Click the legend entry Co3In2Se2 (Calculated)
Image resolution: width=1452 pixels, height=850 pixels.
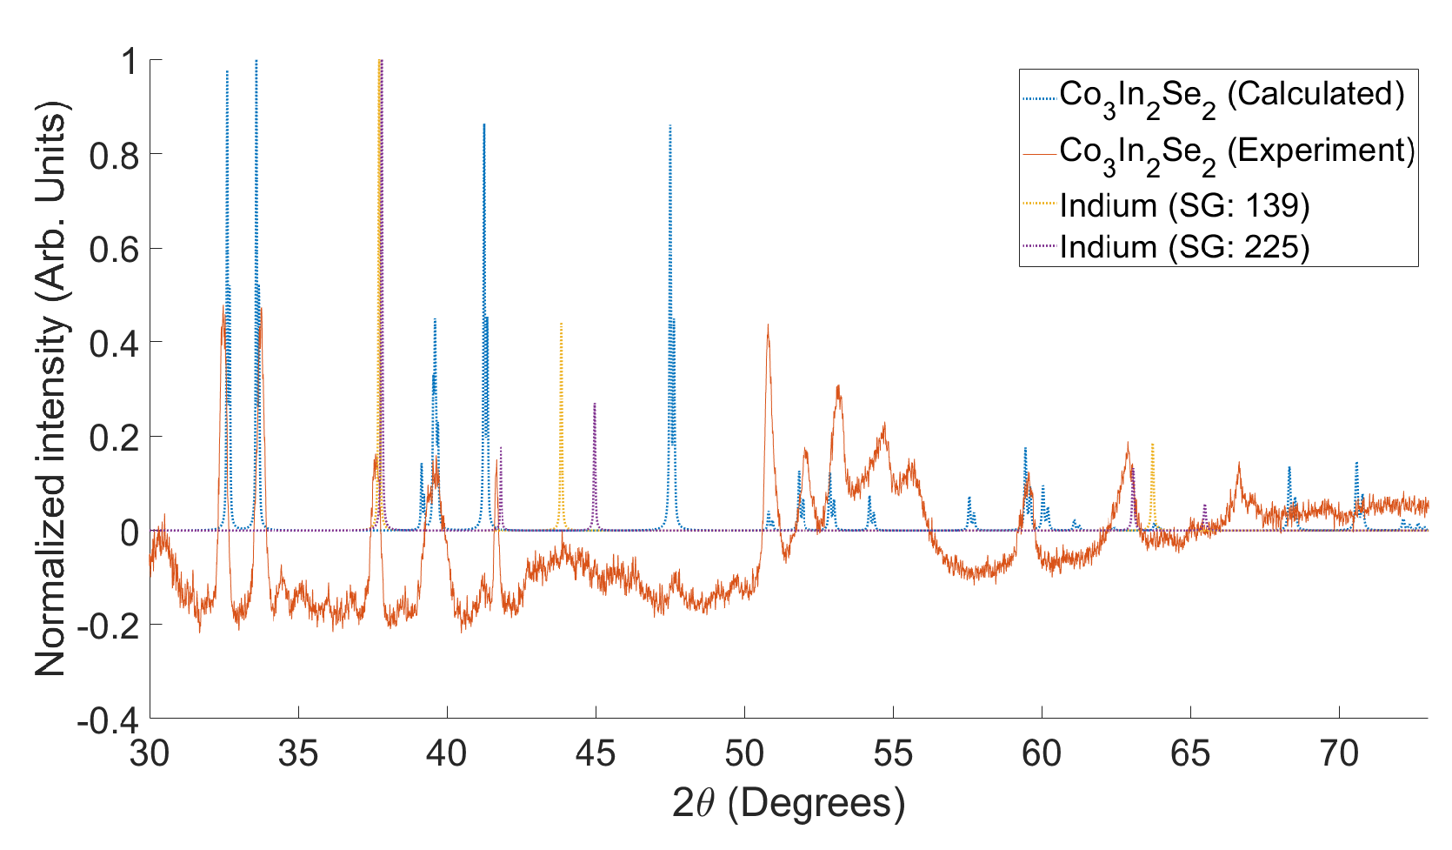pyautogui.click(x=1230, y=95)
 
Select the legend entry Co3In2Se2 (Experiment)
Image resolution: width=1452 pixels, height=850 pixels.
pyautogui.click(x=1236, y=151)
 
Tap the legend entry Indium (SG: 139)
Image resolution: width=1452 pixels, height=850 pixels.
pyautogui.click(x=1183, y=205)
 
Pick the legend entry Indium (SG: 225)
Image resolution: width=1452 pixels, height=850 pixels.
pyautogui.click(x=1183, y=247)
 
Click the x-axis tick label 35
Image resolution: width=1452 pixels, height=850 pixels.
pyautogui.click(x=298, y=753)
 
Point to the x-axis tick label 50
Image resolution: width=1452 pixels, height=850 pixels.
pyautogui.click(x=744, y=753)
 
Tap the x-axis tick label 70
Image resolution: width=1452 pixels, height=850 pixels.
pyautogui.click(x=1339, y=753)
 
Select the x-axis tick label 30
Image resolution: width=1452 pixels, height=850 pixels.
pyautogui.click(x=150, y=753)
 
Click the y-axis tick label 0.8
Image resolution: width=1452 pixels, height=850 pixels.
pyautogui.click(x=114, y=155)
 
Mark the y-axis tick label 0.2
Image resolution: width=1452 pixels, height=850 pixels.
pyautogui.click(x=114, y=437)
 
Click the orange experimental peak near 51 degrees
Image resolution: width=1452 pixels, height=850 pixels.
pyautogui.click(x=768, y=327)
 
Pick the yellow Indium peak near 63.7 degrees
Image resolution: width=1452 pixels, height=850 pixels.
pyautogui.click(x=1152, y=445)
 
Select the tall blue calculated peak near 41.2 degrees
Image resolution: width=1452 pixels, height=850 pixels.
pyautogui.click(x=483, y=126)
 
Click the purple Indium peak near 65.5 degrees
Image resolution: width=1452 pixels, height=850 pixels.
pyautogui.click(x=1204, y=506)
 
